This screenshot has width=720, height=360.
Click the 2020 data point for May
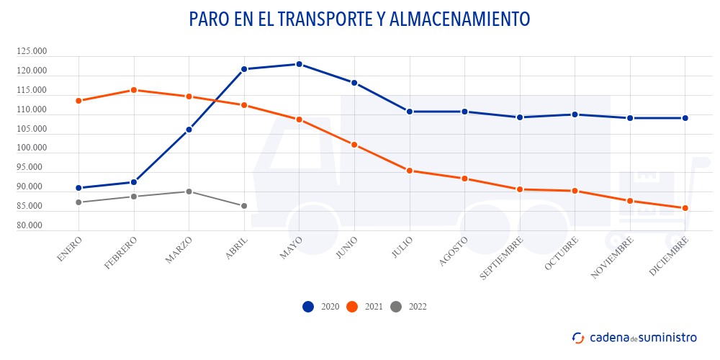coord(299,64)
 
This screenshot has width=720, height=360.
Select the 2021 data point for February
coord(133,90)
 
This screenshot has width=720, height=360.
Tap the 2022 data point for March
coord(189,192)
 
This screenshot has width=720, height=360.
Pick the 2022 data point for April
coord(244,206)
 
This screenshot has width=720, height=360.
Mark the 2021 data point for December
coord(685,208)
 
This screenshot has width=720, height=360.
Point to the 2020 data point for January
coord(78,188)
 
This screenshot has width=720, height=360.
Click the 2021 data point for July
coord(409,171)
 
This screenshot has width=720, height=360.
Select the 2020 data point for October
coord(575,114)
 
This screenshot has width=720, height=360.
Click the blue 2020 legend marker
coord(308,307)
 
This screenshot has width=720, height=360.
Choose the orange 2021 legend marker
coord(352,307)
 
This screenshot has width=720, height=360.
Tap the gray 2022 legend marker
coord(395,307)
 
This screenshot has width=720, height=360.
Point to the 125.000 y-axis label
coord(32,52)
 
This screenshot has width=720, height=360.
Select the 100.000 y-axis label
coord(32,148)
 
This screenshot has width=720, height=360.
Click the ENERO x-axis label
coord(69,248)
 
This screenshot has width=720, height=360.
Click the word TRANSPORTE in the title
coord(318,19)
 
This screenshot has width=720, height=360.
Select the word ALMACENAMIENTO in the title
coord(459,19)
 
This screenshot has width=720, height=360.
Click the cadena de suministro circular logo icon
coord(578,337)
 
